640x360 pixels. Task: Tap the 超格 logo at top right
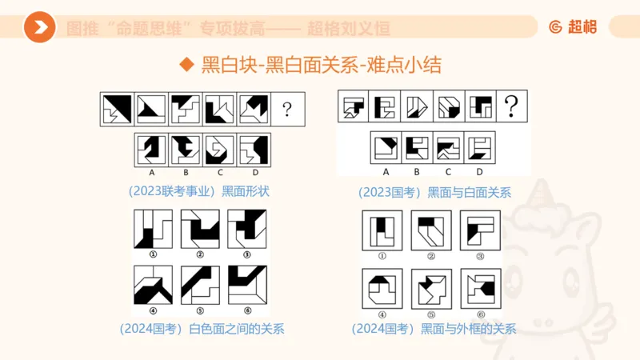573,27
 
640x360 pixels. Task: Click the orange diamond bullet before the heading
186,65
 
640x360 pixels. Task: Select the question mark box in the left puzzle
287,109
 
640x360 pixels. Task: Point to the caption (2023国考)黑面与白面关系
434,192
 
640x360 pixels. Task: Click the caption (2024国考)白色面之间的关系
200,328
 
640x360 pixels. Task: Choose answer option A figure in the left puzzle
151,149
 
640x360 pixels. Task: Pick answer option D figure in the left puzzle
254,149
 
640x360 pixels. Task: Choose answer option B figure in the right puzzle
417,148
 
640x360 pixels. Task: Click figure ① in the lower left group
152,229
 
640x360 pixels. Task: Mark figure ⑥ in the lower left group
247,284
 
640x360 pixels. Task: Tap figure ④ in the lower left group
152,284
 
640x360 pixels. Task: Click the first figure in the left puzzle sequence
117,109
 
